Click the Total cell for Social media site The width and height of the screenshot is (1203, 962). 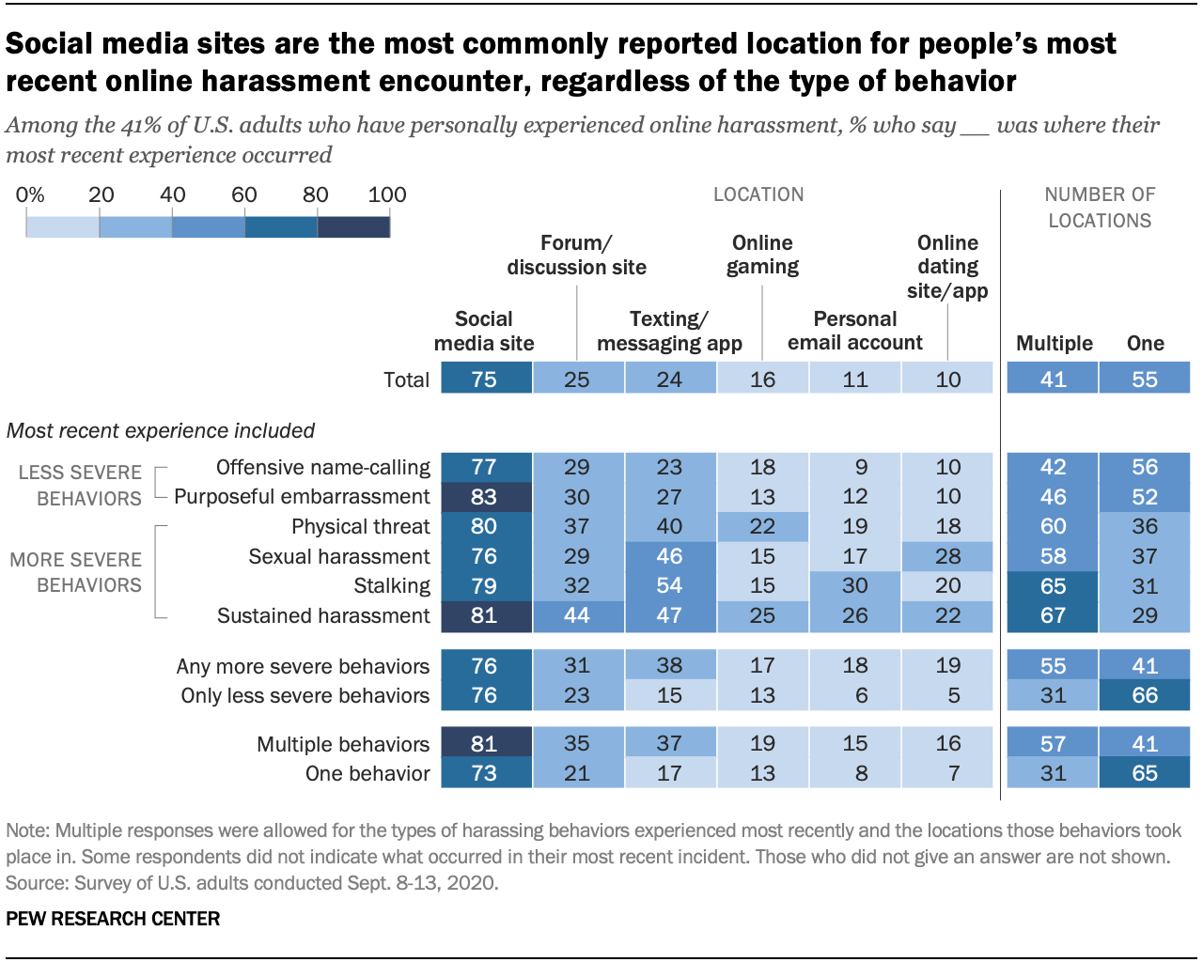coord(485,379)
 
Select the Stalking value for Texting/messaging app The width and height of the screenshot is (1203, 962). coord(669,585)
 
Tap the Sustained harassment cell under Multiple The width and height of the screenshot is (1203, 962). coord(1053,615)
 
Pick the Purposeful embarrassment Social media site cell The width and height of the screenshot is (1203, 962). coord(485,496)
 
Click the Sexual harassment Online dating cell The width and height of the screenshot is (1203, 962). coord(947,556)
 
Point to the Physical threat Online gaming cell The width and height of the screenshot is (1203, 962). coord(762,526)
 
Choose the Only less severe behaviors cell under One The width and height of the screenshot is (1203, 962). coord(1144,695)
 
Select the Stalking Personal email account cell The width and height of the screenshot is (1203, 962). coord(854,585)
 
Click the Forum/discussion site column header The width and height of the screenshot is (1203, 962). coord(576,255)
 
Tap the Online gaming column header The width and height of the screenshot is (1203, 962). coord(762,255)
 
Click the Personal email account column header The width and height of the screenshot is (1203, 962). coord(854,331)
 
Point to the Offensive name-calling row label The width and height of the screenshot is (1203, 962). coord(322,467)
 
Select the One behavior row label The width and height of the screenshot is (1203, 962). coord(367,773)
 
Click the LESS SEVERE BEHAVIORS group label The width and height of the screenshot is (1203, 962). coord(80,485)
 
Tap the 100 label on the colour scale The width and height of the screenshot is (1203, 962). coord(387,194)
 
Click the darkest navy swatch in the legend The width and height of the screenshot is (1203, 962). coord(353,226)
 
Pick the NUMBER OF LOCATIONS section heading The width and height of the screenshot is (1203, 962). coord(1099,207)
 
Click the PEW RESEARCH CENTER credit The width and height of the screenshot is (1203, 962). coord(113,919)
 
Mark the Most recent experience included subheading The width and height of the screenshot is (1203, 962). coord(161,430)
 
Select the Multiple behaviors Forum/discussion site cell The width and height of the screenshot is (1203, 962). coord(576,743)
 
